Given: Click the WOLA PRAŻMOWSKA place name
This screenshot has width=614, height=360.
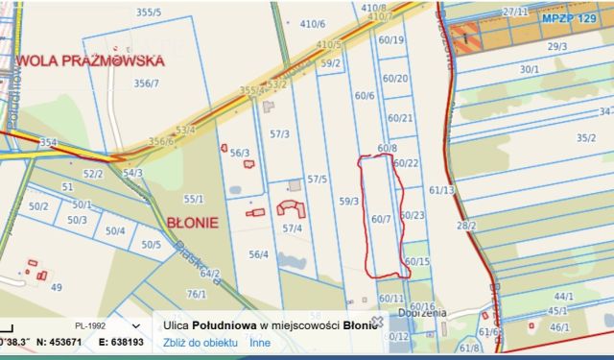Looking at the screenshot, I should tap(90, 60).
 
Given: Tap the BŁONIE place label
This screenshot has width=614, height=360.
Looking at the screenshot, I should tap(193, 222).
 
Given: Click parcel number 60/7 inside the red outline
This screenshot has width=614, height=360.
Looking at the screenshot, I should tap(380, 219).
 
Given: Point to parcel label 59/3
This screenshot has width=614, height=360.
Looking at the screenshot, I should tap(349, 201).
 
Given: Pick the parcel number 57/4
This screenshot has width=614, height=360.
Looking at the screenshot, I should tap(293, 228).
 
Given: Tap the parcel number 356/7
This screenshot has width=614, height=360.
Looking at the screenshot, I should tap(147, 84).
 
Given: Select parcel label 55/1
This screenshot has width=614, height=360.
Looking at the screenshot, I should tap(194, 199).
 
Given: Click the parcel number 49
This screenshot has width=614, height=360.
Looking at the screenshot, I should tap(56, 286).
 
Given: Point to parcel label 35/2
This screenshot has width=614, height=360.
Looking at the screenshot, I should tap(586, 137).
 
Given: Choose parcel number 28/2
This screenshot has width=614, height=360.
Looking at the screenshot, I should tap(466, 226).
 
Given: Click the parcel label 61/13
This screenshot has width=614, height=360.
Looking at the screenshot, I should tap(442, 190).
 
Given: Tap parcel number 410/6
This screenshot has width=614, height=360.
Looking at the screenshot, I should tap(313, 24).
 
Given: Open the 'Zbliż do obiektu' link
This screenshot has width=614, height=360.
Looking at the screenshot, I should tap(201, 342).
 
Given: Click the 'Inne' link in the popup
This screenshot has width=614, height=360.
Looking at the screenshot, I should tap(260, 342).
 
